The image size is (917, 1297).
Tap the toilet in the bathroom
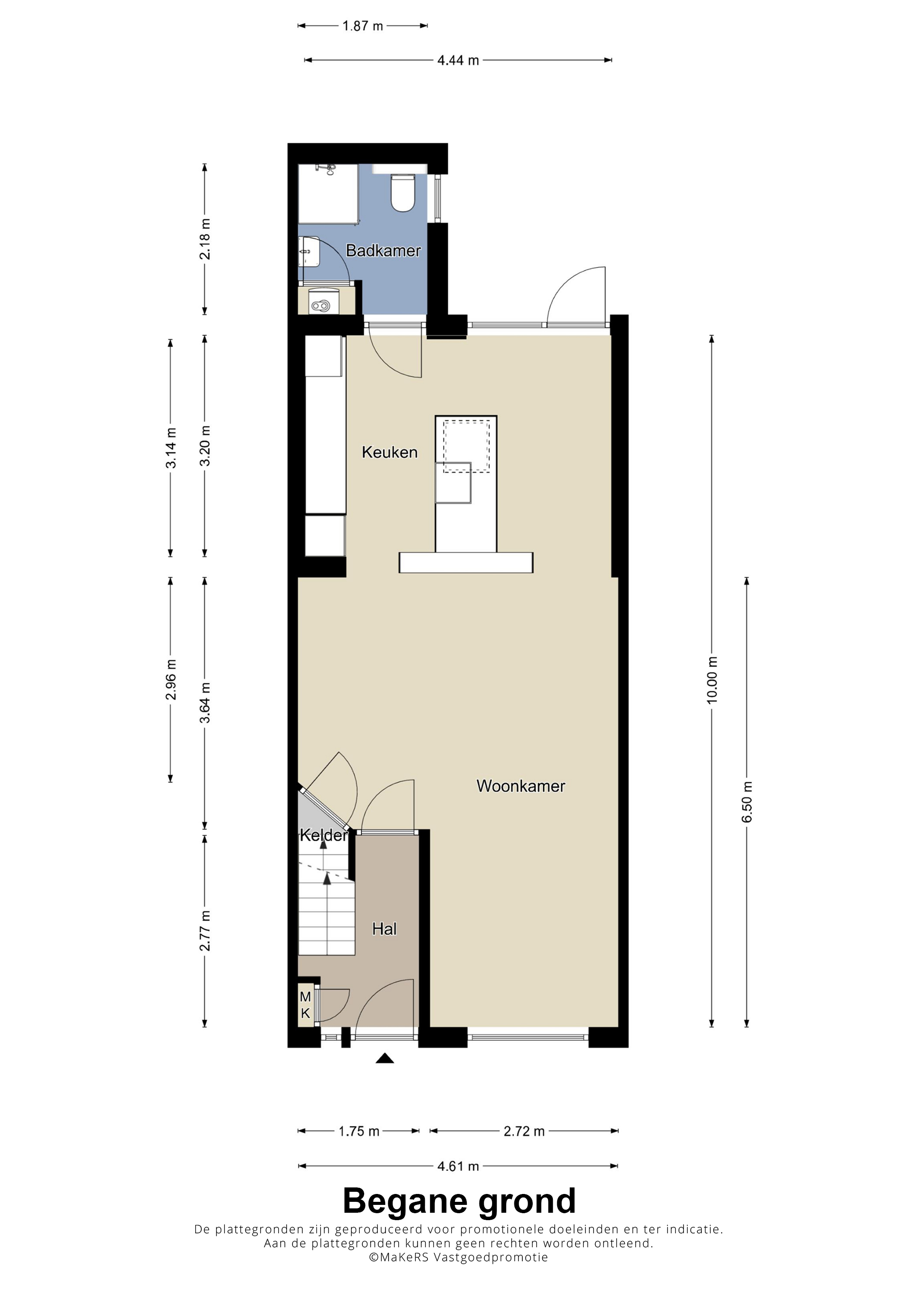[403, 193]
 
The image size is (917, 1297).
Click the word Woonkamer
[521, 786]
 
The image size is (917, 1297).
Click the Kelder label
[323, 835]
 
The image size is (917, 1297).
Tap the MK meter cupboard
[306, 1005]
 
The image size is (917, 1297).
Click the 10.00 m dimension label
[712, 680]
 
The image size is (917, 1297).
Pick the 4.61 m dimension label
[458, 1166]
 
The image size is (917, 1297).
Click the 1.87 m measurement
[363, 26]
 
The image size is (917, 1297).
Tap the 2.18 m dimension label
[204, 239]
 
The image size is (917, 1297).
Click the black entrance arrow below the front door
[385, 1058]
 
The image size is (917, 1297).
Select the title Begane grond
[459, 1201]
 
